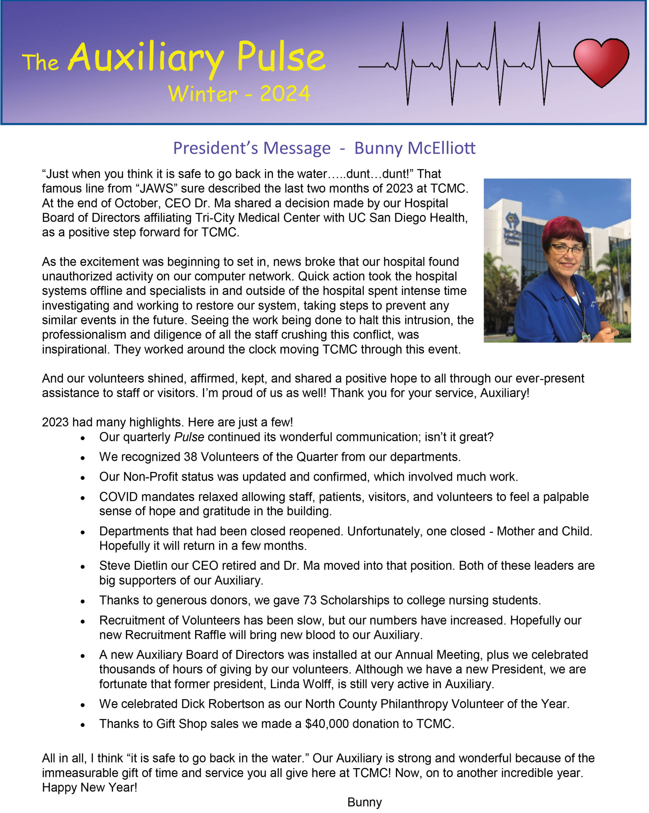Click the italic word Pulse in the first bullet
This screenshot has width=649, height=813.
[x=189, y=437]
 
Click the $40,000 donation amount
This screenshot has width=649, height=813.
[x=327, y=724]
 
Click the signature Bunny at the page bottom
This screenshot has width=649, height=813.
[x=364, y=803]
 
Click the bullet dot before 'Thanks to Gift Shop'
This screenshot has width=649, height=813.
[x=83, y=725]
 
